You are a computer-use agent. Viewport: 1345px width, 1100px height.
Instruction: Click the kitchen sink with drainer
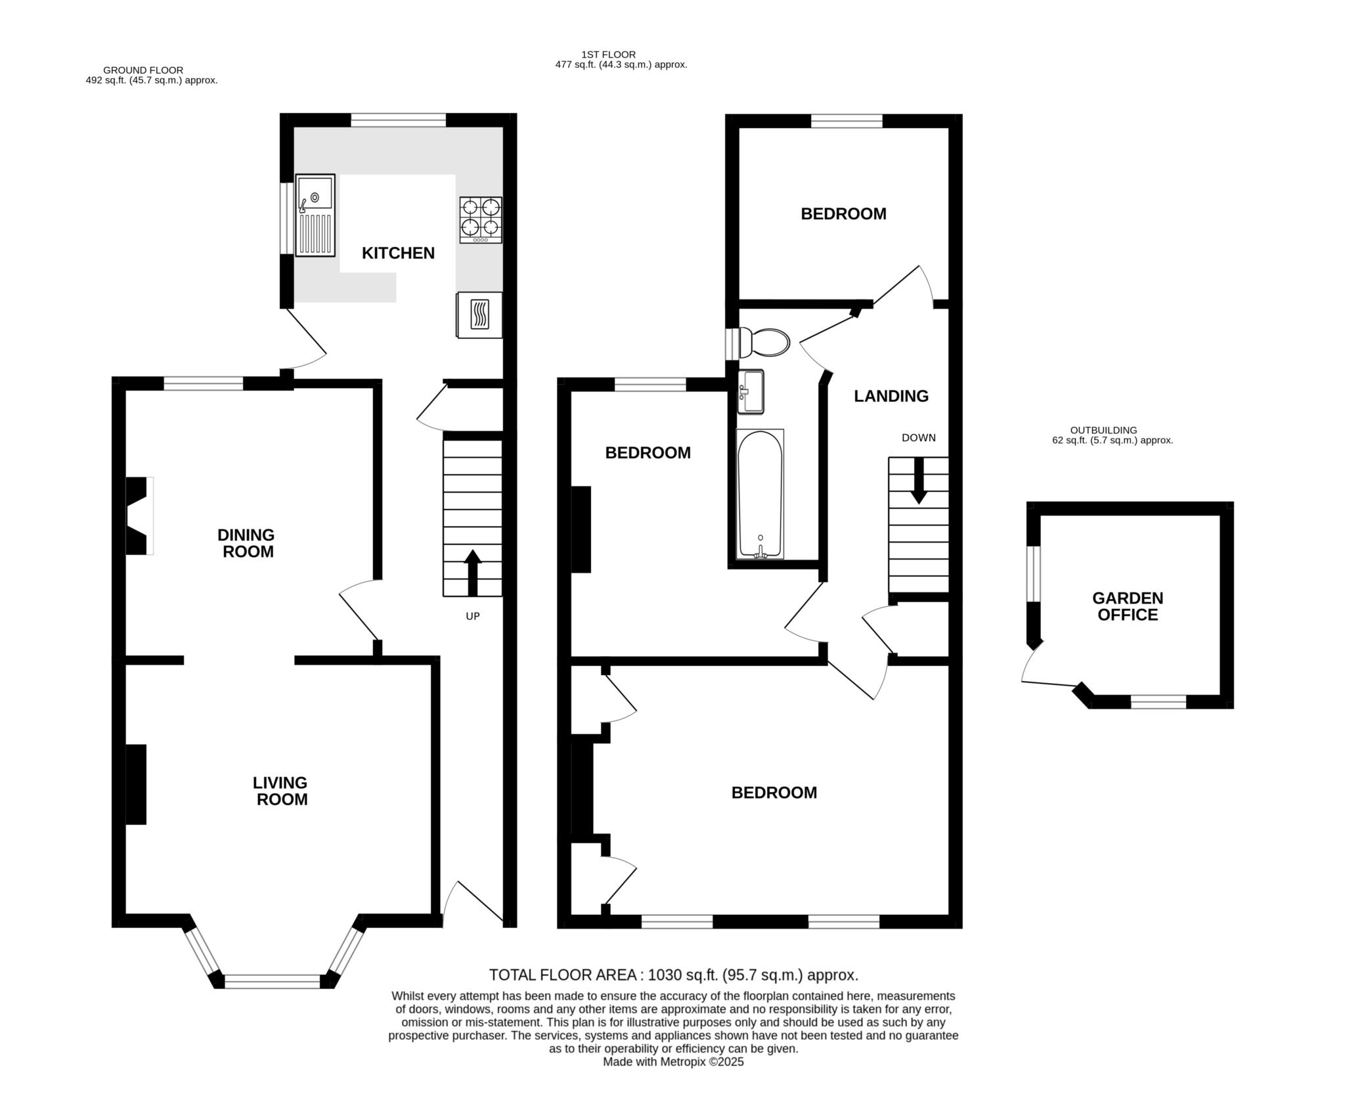[315, 215]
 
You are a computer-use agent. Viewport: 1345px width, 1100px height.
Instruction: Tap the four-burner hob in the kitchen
[481, 219]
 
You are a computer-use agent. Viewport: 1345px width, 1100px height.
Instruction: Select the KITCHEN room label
[398, 253]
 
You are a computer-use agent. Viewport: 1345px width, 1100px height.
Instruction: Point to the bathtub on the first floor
[760, 494]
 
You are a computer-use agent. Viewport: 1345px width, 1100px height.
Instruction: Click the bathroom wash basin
[751, 391]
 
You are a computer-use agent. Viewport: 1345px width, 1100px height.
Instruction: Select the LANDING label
[891, 396]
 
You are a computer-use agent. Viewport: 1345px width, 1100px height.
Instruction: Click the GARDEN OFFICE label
[1128, 606]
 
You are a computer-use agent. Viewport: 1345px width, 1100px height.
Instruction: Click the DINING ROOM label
[247, 543]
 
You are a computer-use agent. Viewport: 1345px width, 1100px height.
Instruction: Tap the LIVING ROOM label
[281, 791]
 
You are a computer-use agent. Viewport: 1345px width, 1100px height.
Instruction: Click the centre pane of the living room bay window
[273, 981]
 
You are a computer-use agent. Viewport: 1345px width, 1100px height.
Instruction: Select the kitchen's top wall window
[398, 120]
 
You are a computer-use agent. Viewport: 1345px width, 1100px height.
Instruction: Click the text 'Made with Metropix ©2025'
[673, 1080]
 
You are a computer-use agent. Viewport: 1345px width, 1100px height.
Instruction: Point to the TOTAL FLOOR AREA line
[673, 975]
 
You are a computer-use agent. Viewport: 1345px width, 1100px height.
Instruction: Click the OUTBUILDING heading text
[1103, 430]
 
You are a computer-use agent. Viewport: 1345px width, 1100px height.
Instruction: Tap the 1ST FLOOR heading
[608, 55]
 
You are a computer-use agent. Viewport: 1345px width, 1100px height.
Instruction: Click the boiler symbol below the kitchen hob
[479, 315]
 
